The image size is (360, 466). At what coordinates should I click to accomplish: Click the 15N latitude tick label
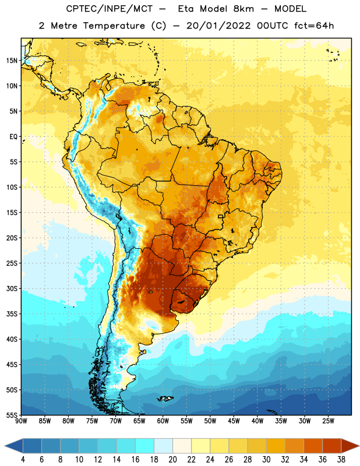click(x=12, y=61)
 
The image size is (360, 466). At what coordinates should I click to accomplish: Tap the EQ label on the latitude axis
click(x=13, y=137)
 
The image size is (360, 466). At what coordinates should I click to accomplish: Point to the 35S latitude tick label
click(x=12, y=314)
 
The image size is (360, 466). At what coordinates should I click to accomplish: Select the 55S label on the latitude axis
click(x=12, y=415)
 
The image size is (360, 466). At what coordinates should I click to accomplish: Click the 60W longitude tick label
click(x=163, y=421)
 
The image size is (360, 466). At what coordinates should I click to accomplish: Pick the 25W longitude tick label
click(x=328, y=421)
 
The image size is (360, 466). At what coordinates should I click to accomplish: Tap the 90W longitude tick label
click(x=21, y=421)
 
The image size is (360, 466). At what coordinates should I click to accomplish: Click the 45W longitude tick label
click(x=234, y=421)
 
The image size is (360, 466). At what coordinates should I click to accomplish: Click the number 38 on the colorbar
click(x=341, y=460)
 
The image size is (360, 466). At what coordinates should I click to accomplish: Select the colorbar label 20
click(x=172, y=460)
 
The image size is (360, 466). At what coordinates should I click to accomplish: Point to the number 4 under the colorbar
click(x=23, y=460)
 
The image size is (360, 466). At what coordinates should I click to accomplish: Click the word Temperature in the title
click(x=114, y=26)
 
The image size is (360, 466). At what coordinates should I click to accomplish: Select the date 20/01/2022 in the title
click(x=218, y=26)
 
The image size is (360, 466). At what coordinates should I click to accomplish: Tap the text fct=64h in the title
click(x=314, y=26)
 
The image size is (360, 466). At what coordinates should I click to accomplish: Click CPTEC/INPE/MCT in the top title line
click(x=109, y=9)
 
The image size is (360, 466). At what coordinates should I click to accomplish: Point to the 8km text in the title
click(x=243, y=9)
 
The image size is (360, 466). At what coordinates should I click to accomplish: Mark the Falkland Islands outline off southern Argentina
click(x=165, y=398)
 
